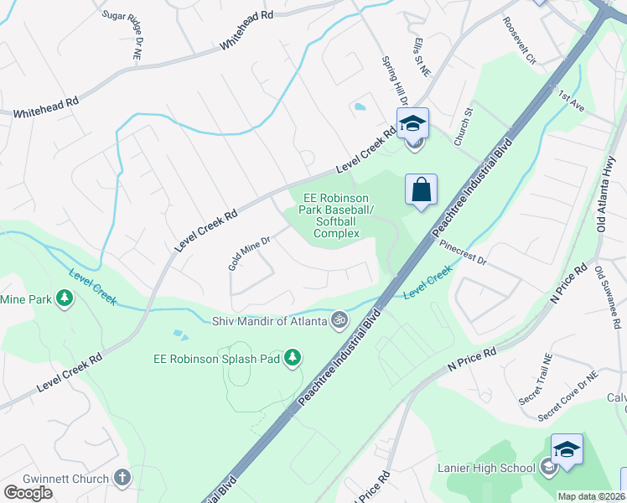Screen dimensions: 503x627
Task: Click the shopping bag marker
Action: (x=421, y=189)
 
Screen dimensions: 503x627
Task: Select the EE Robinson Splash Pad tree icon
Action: (x=293, y=359)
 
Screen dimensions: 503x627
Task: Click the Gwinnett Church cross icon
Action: (x=122, y=479)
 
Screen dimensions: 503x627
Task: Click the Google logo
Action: (x=28, y=492)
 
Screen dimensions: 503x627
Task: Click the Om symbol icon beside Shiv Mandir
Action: (x=339, y=319)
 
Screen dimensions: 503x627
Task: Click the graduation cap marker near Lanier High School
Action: (x=567, y=450)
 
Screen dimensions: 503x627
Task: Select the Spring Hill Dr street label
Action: (x=394, y=80)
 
